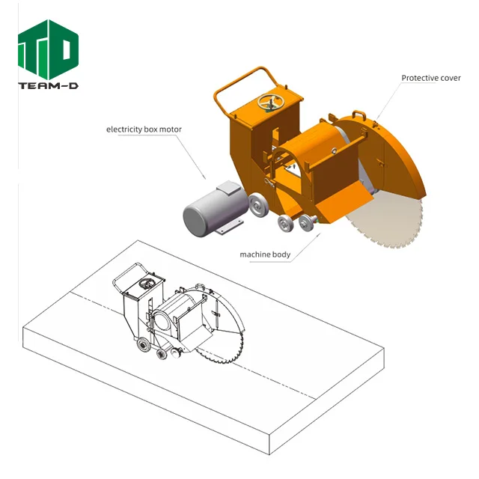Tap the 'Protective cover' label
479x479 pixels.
click(x=430, y=78)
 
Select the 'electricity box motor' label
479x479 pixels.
click(x=144, y=129)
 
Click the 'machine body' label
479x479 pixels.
click(x=265, y=254)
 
